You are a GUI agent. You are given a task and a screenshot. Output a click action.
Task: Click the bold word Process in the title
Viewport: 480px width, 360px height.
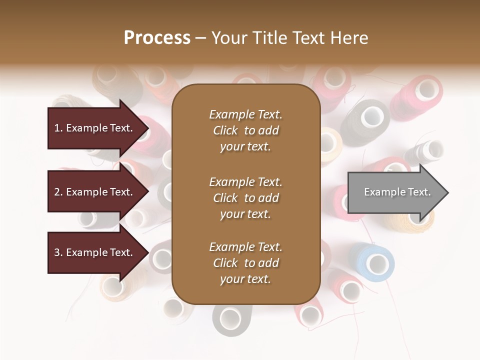[157, 38]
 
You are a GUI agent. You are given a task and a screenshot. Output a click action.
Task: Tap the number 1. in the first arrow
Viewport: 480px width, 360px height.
[58, 128]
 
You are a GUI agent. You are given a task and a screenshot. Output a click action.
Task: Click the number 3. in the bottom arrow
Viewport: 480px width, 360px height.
[58, 252]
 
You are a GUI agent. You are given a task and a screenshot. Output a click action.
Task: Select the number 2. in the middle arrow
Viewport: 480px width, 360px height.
[58, 192]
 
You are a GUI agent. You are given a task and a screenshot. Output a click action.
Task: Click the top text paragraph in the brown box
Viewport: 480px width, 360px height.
[245, 130]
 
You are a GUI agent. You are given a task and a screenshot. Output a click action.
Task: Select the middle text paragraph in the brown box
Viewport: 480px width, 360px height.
[245, 198]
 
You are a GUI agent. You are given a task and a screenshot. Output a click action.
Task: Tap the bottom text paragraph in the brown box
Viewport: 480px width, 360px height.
[245, 263]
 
